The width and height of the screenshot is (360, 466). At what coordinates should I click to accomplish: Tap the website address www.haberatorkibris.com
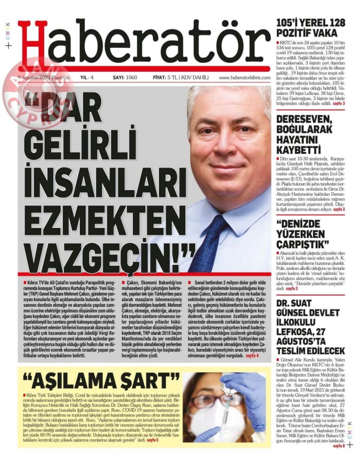coord(244,77)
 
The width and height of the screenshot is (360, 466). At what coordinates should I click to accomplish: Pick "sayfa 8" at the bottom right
coord(339,446)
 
